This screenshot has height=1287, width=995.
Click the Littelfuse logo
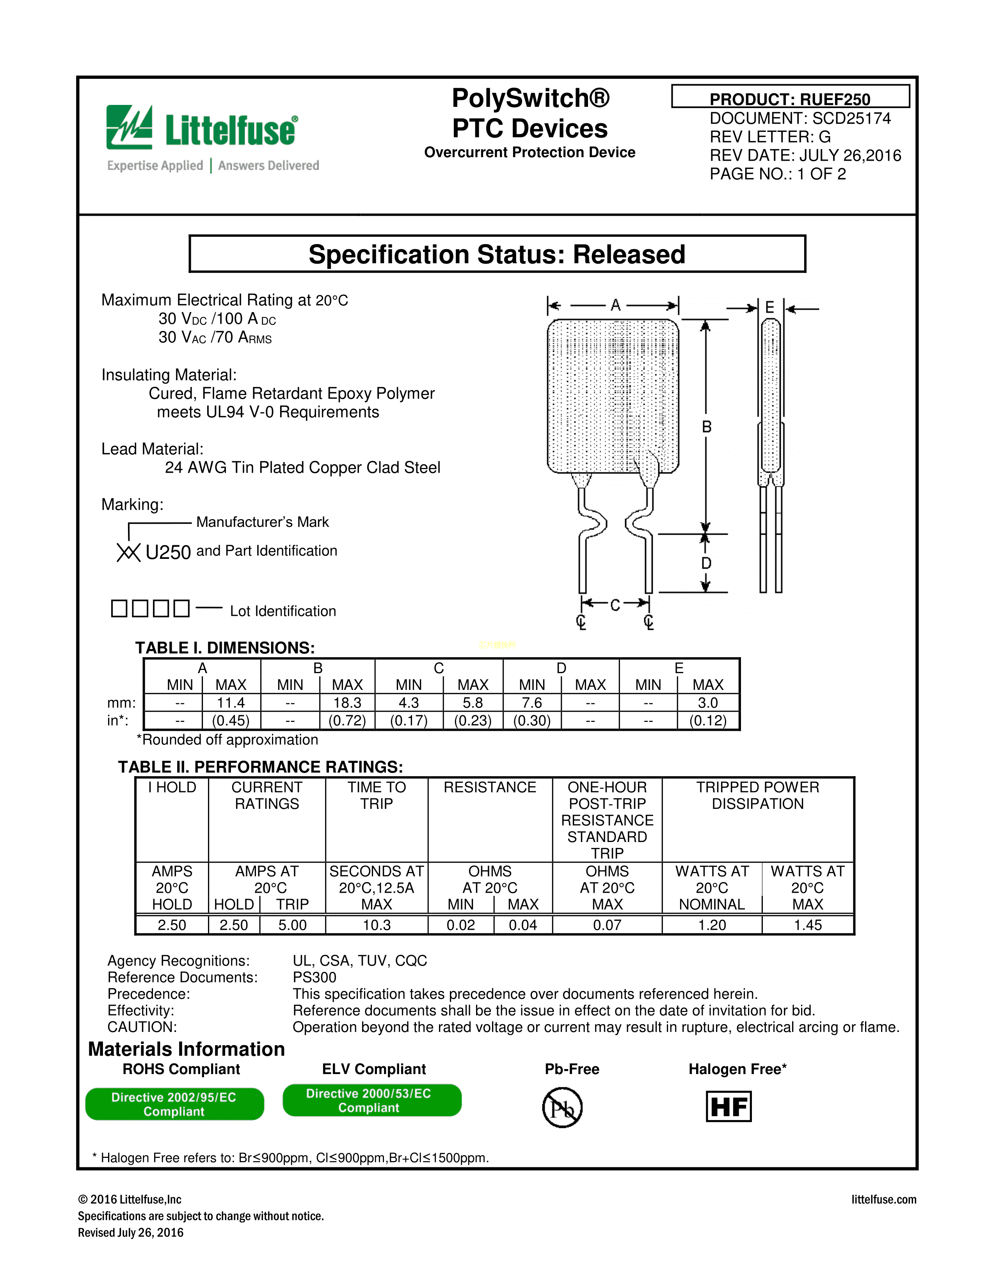(202, 128)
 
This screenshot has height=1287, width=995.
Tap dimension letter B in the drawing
(706, 427)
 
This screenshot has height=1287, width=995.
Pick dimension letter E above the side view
(769, 307)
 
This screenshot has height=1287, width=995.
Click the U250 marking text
(168, 553)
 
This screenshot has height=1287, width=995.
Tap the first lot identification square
(119, 608)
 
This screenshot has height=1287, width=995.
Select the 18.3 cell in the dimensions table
(347, 703)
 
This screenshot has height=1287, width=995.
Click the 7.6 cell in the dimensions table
(532, 703)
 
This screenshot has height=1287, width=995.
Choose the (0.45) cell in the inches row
(231, 721)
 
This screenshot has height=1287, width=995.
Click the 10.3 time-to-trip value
(376, 925)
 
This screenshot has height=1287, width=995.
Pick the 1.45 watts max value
(808, 925)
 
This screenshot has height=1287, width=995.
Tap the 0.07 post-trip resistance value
(607, 925)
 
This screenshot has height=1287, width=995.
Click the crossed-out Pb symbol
(562, 1108)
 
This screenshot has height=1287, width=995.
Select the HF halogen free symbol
(728, 1107)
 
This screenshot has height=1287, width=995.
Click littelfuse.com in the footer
(883, 1199)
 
